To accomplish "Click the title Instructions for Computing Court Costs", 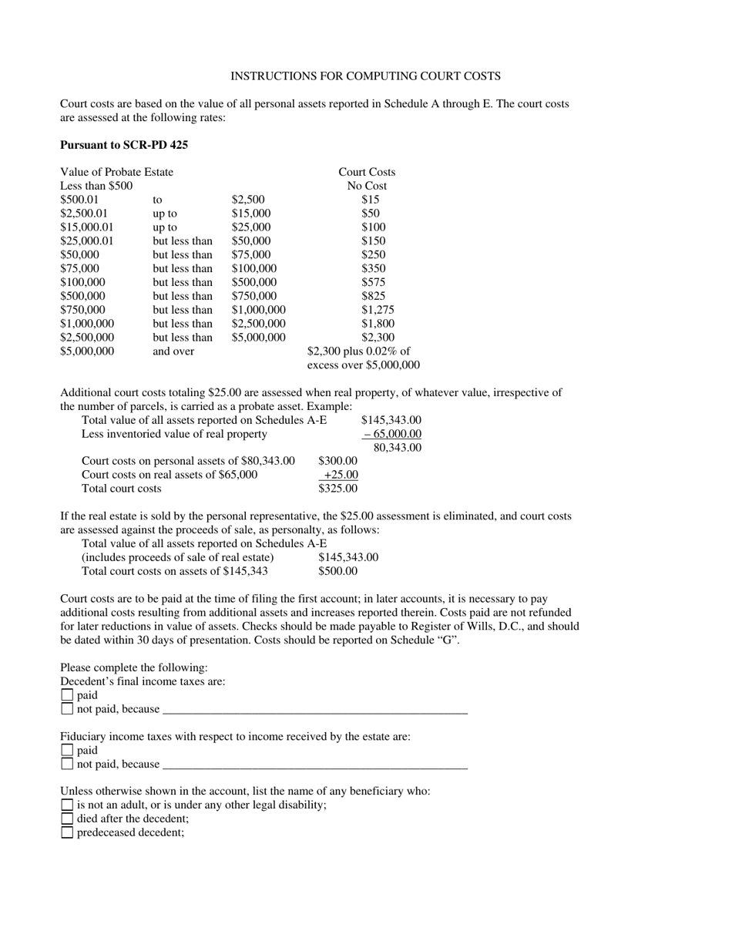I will pyautogui.click(x=365, y=76).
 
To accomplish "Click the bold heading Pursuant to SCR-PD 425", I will pyautogui.click(x=124, y=144).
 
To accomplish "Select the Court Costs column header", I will pyautogui.click(x=367, y=172).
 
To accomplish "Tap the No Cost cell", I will pyautogui.click(x=367, y=186).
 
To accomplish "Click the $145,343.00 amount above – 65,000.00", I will pyautogui.click(x=391, y=420).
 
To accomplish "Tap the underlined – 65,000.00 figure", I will pyautogui.click(x=392, y=434).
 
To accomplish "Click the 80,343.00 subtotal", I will pyautogui.click(x=397, y=447).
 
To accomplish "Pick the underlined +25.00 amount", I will pyautogui.click(x=339, y=475).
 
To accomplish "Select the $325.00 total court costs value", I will pyautogui.click(x=337, y=488).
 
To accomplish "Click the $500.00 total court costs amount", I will pyautogui.click(x=337, y=571).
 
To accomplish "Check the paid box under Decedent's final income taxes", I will pyautogui.click(x=67, y=695).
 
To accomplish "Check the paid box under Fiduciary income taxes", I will pyautogui.click(x=67, y=750).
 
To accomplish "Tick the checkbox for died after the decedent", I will pyautogui.click(x=67, y=819).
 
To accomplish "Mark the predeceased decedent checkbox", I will pyautogui.click(x=67, y=832).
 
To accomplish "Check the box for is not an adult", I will pyautogui.click(x=67, y=805).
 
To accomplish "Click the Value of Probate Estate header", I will pyautogui.click(x=116, y=172).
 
